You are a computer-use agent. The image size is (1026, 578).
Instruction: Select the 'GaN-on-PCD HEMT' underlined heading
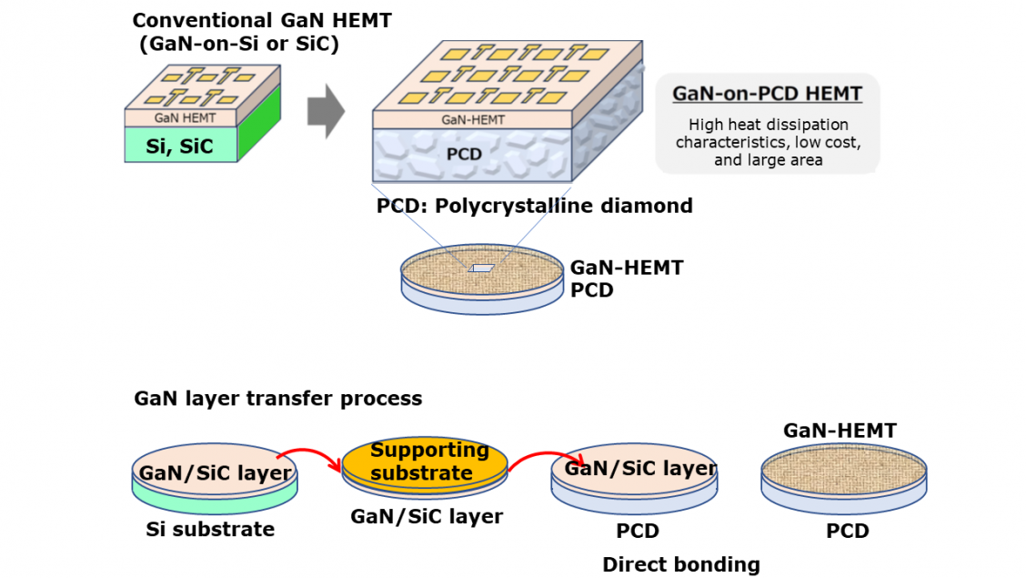point(767,94)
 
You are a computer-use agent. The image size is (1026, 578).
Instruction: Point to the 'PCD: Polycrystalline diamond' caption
point(534,206)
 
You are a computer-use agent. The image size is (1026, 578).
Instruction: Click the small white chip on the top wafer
point(482,269)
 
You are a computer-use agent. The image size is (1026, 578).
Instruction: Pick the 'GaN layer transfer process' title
point(277,399)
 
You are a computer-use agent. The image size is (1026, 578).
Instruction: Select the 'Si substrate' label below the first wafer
point(210,529)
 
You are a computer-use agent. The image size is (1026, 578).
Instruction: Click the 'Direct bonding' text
point(680,564)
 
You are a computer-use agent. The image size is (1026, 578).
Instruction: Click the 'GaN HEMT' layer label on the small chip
point(179,117)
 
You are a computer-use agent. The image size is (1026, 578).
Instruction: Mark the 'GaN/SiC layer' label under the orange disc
point(426,517)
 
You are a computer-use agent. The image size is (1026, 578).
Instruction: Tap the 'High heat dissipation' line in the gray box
point(768,125)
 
